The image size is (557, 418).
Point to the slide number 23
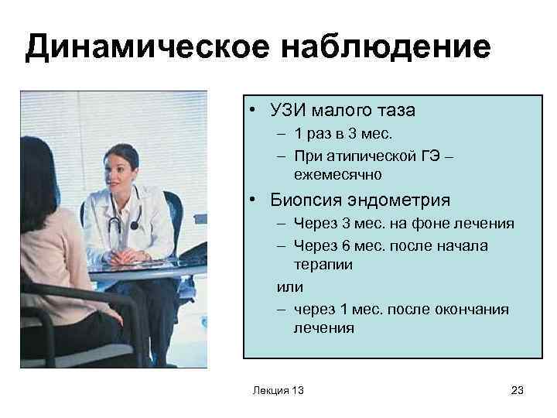[x=518, y=391]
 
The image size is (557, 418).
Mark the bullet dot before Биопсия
[x=253, y=202]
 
